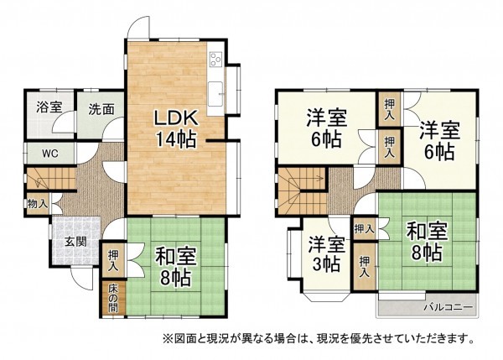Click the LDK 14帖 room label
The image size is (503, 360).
[x=174, y=128]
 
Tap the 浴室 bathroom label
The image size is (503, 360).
[x=49, y=107]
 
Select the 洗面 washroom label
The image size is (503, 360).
[x=101, y=107]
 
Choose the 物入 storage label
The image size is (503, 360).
[x=37, y=204]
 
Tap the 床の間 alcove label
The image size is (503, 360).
[x=112, y=298]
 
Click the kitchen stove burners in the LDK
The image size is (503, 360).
[x=215, y=60]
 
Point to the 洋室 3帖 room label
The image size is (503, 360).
[x=325, y=253]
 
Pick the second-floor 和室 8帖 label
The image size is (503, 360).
[x=426, y=241]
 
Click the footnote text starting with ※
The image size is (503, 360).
[x=310, y=340]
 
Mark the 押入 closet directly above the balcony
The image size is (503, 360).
[x=365, y=268]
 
